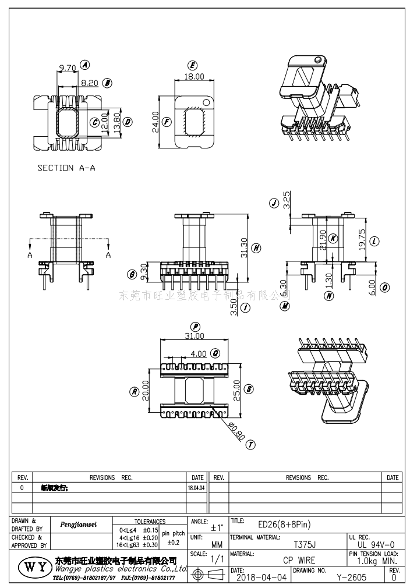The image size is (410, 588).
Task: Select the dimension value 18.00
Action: coord(195,76)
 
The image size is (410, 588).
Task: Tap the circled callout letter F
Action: coord(167,122)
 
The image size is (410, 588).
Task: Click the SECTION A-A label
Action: coord(66,168)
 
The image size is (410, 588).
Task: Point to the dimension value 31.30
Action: coord(243,247)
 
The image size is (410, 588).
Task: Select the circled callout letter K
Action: coord(333,238)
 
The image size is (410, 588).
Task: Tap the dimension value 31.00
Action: coord(195,336)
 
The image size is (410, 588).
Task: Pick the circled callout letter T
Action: coord(250,445)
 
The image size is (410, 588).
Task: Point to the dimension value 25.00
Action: coord(236,388)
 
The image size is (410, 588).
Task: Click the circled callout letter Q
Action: coord(215,353)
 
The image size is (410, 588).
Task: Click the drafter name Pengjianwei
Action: coord(79,525)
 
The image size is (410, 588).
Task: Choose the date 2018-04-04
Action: coord(263,578)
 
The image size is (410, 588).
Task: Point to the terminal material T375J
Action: coord(304,545)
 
